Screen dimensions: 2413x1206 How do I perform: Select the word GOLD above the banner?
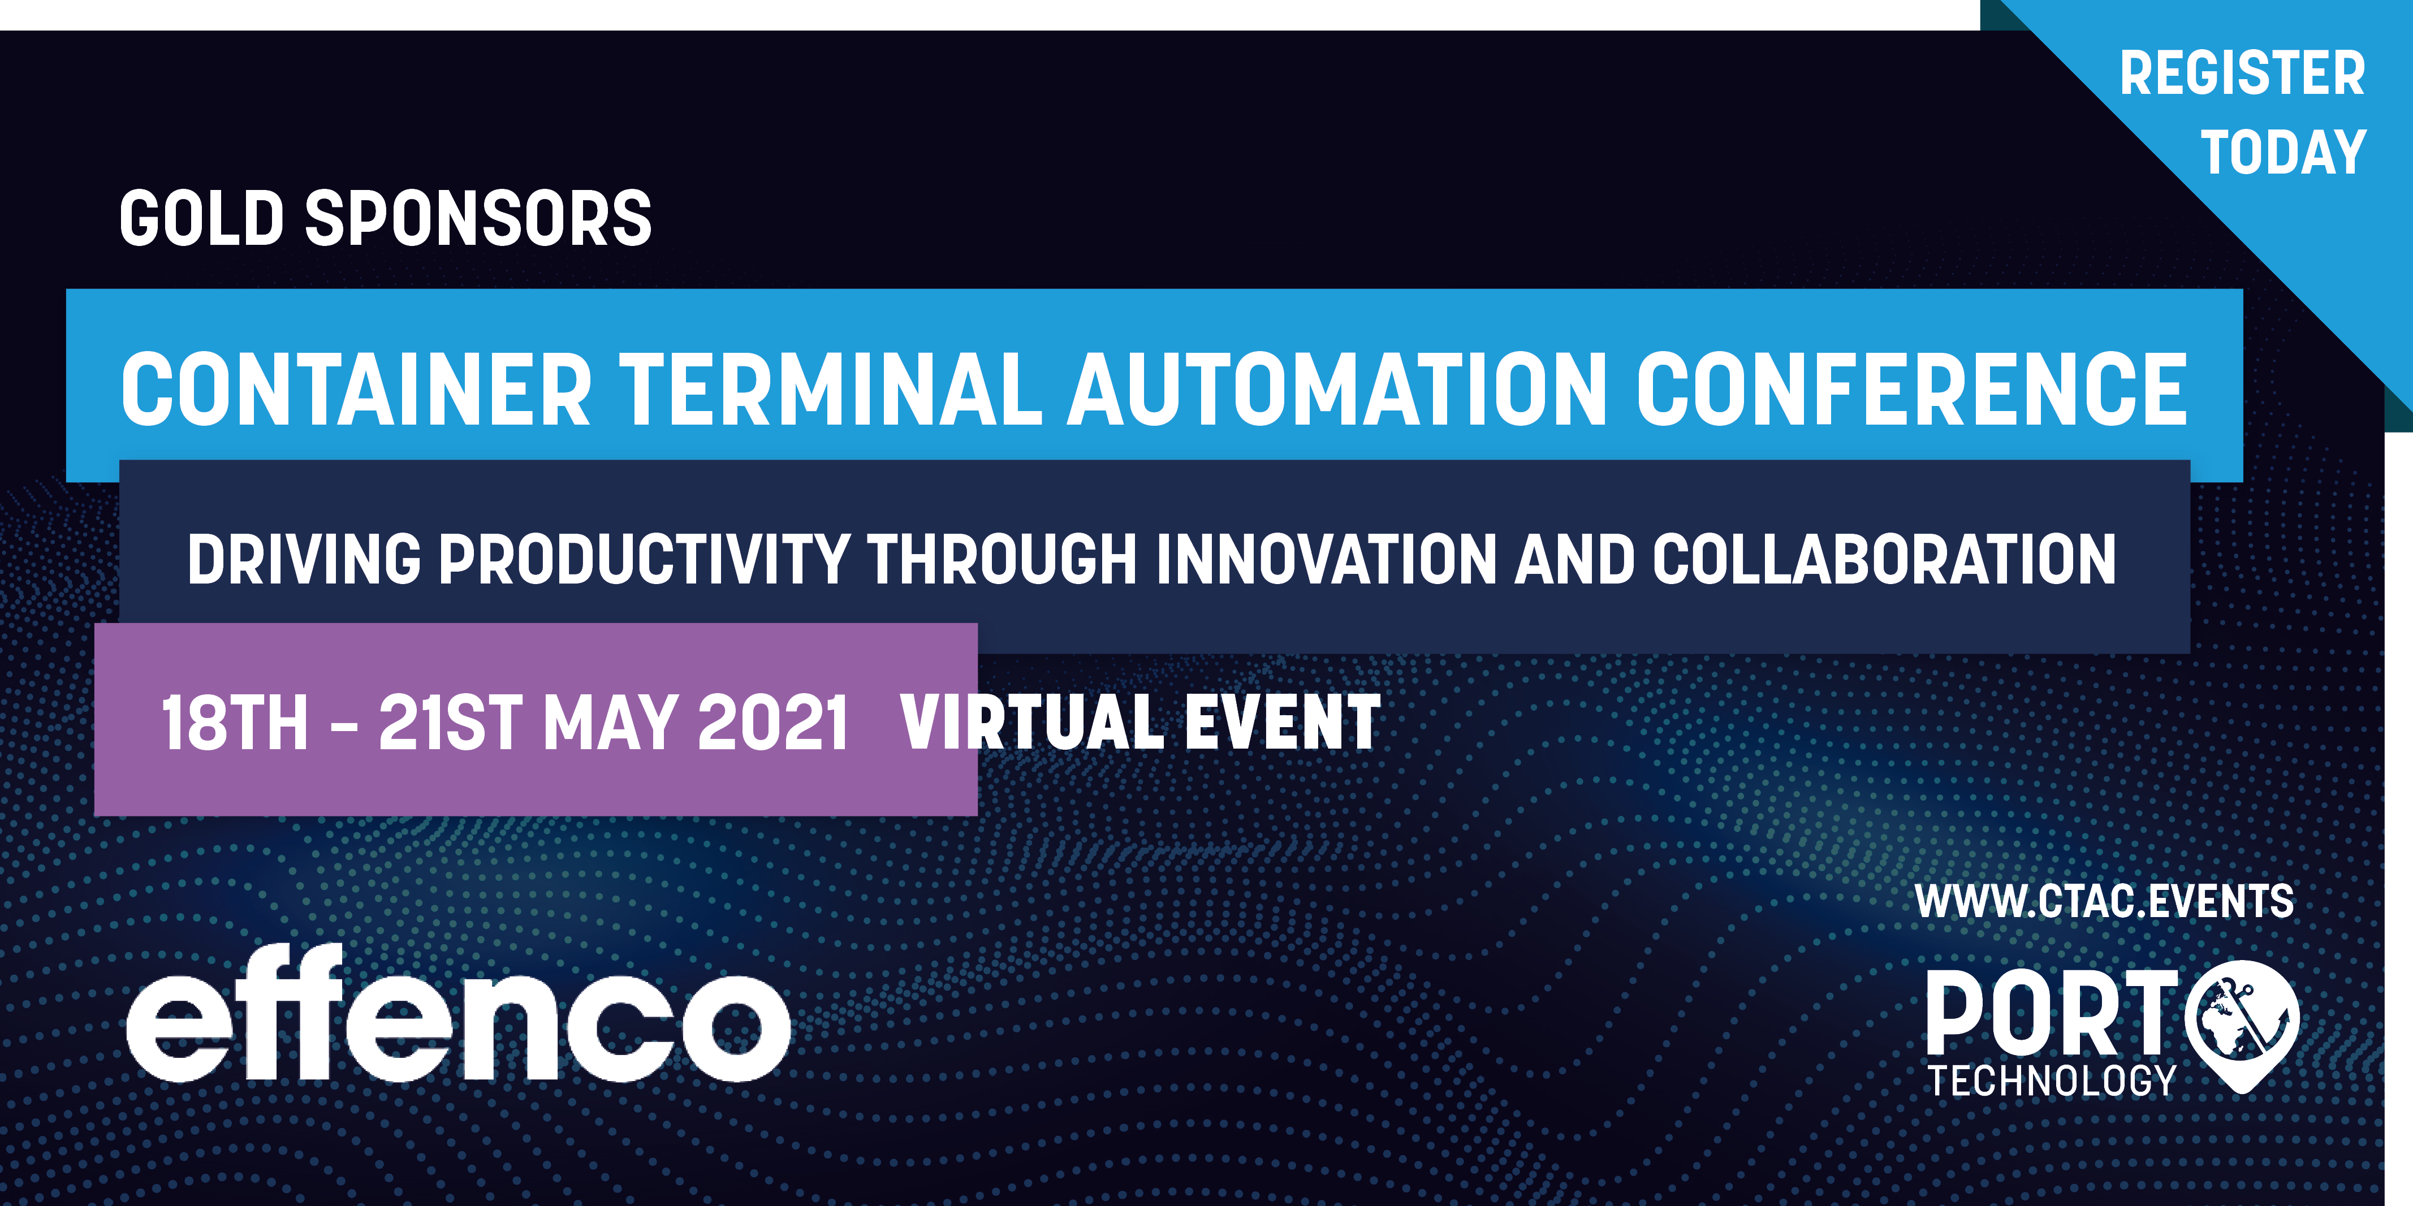tap(201, 218)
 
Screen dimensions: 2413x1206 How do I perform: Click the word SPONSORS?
tap(478, 218)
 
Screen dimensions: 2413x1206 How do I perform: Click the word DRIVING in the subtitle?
tap(304, 559)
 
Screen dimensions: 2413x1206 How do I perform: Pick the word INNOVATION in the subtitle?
tap(1327, 559)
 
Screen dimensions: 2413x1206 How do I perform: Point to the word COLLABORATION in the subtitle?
tap(1884, 559)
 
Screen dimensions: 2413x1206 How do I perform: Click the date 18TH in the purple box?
tap(234, 722)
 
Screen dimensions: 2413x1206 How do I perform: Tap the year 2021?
tap(773, 722)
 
